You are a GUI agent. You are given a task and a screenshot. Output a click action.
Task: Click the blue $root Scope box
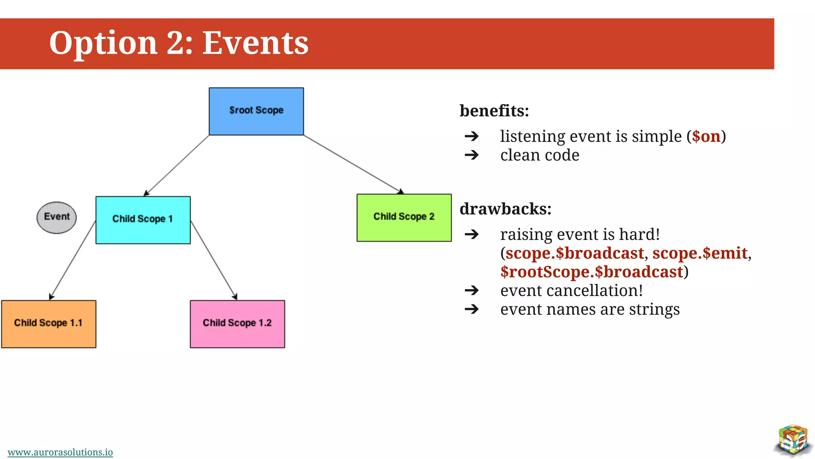click(256, 111)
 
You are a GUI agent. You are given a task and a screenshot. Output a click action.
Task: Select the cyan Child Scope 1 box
click(143, 220)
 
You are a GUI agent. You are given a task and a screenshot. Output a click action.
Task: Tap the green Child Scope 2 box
click(404, 218)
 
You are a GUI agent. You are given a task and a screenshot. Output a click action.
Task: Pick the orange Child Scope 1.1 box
click(49, 324)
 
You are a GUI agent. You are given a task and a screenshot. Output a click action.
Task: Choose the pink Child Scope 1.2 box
click(237, 324)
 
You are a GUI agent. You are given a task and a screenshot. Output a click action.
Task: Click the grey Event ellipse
click(57, 217)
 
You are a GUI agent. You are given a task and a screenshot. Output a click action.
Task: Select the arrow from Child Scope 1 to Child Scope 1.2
click(214, 260)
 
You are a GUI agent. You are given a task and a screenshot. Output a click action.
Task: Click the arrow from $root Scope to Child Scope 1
click(177, 165)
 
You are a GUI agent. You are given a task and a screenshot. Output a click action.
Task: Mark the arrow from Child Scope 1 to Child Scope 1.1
click(73, 259)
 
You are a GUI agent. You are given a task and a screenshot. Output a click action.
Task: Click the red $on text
click(706, 136)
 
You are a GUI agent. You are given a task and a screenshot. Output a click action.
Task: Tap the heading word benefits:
click(494, 110)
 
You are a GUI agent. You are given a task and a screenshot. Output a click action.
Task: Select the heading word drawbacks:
click(505, 209)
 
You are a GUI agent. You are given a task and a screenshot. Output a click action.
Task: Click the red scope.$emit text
click(700, 253)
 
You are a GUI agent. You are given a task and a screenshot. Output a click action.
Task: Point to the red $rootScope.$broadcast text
click(591, 272)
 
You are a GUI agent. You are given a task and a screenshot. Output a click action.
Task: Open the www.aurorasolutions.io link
click(60, 452)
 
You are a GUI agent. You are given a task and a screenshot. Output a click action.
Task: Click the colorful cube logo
click(793, 440)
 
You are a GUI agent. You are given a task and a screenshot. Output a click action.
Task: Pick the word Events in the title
click(255, 43)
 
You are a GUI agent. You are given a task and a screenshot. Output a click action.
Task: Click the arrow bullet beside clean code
click(472, 155)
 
